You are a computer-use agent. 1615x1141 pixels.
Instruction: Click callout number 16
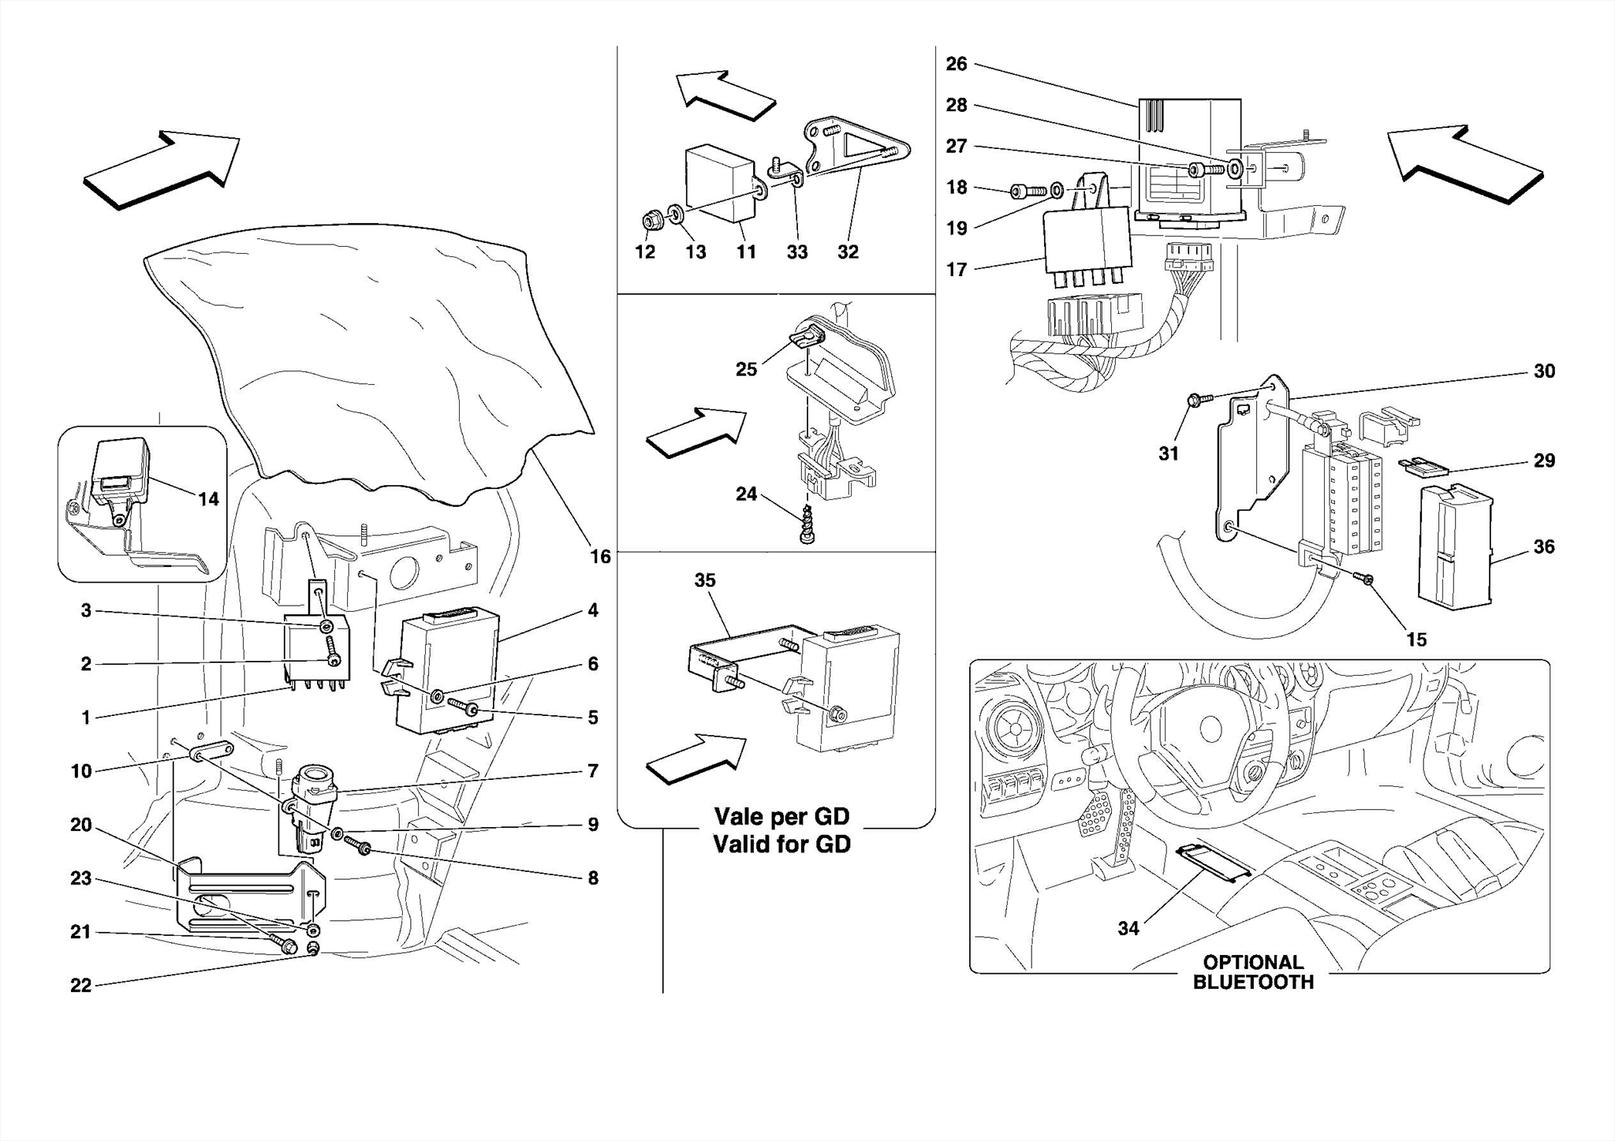600,557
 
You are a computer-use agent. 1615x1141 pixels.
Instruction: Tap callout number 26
956,64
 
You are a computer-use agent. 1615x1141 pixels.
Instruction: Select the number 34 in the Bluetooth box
1128,928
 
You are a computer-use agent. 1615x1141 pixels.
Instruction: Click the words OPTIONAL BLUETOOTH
1252,972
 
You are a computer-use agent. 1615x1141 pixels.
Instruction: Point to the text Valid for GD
781,845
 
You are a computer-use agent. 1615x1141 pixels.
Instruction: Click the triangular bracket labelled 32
856,150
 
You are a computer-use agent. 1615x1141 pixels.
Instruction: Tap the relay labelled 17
1086,242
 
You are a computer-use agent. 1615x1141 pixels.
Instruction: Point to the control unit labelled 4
449,670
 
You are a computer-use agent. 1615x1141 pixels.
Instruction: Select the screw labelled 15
1364,602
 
